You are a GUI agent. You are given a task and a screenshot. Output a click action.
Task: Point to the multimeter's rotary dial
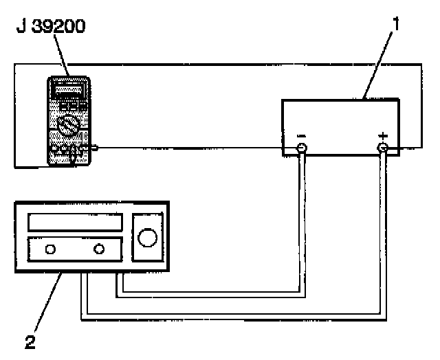(68, 126)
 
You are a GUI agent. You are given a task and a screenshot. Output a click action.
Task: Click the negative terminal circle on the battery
(301, 148)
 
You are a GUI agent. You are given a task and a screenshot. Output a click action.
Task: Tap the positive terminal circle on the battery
(383, 148)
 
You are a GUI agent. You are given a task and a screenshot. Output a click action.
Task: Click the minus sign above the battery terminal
(301, 137)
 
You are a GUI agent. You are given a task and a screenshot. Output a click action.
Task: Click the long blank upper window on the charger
(74, 223)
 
